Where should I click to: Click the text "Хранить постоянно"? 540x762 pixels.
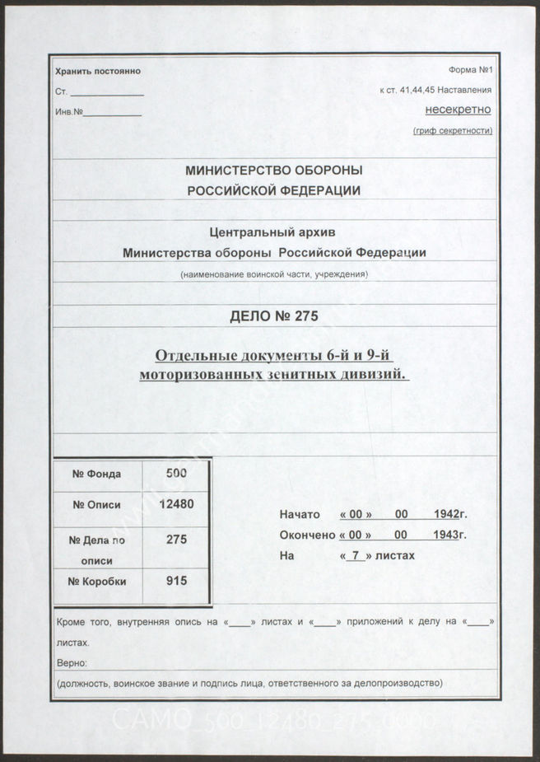(x=98, y=72)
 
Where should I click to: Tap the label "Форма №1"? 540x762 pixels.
(x=470, y=72)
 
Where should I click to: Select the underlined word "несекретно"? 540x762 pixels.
(x=458, y=110)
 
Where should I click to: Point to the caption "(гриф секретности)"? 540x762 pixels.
(x=452, y=130)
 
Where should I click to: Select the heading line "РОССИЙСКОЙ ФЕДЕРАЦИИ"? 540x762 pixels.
(x=274, y=189)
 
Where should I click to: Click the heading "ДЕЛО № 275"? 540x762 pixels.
(x=274, y=316)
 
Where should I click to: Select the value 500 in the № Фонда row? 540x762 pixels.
(x=176, y=473)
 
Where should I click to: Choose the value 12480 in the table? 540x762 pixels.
(x=176, y=504)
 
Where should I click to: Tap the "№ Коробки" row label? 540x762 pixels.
(x=99, y=582)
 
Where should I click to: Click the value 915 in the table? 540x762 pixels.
(x=176, y=581)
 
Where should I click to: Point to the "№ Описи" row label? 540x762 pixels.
(x=97, y=505)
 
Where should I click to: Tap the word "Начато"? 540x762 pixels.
(x=300, y=514)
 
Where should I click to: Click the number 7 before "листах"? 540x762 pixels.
(x=355, y=556)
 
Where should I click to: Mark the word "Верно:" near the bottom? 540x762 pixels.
(x=72, y=663)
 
